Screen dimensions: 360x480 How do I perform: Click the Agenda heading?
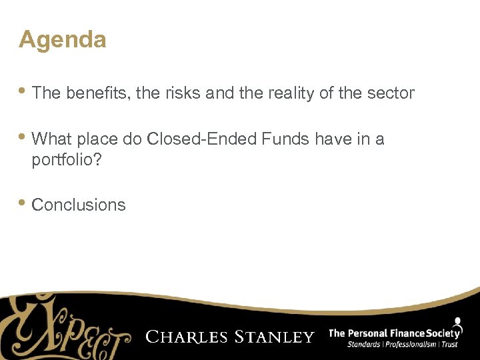pos(62,40)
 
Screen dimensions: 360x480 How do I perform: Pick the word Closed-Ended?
pos(202,139)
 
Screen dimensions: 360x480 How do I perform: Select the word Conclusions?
pos(79,205)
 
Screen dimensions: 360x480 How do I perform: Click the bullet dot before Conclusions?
pos(24,203)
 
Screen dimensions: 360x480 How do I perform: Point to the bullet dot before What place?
pos(24,137)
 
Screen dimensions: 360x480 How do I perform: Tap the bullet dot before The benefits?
pos(24,91)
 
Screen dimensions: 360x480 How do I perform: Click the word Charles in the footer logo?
pos(187,337)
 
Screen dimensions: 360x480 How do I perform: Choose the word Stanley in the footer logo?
pos(274,337)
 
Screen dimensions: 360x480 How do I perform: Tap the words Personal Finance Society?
pos(404,332)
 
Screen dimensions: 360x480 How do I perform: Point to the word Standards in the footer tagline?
pos(365,344)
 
